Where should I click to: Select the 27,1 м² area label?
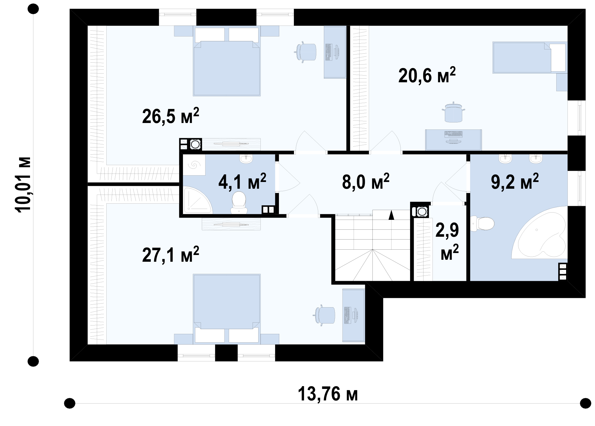[x=171, y=254]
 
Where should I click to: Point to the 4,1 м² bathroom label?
[x=242, y=181]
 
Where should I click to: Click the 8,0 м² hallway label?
[x=366, y=181]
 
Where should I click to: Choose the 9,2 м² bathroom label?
[x=515, y=181]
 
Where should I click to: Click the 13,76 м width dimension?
[x=328, y=394]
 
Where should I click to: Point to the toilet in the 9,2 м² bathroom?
[x=482, y=224]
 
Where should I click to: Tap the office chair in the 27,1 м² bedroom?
[x=324, y=315]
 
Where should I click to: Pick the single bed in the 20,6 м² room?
[x=530, y=58]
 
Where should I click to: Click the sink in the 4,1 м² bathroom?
[x=246, y=159]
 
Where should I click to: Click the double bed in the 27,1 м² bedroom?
[x=227, y=309]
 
